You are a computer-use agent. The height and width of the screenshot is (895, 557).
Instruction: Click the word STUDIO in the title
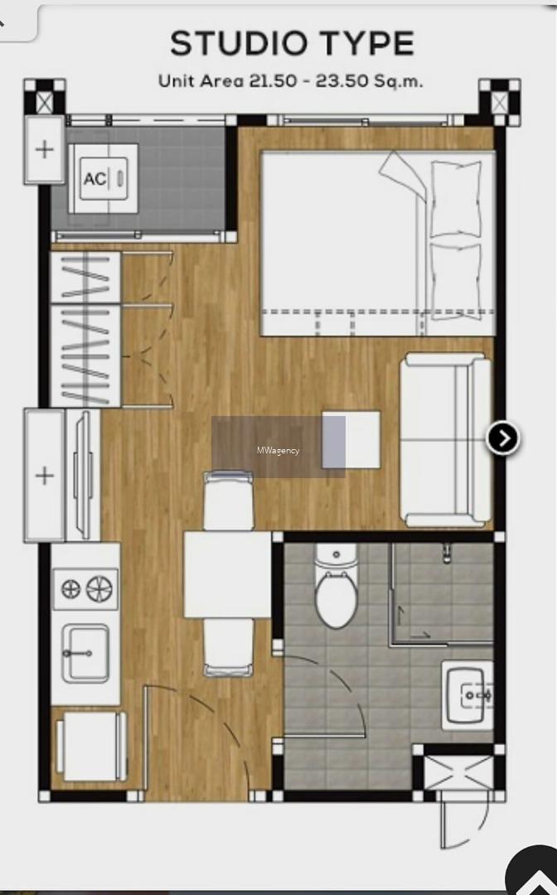pos(239,43)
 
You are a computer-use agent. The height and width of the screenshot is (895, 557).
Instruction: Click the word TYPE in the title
pos(367,43)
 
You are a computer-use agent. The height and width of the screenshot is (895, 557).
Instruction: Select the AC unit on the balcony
pos(104,179)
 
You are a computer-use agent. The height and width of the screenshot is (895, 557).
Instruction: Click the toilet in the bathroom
pos(337,586)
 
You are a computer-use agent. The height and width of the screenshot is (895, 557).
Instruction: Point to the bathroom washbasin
pos(467,695)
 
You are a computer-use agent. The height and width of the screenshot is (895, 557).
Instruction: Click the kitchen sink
pos(85,654)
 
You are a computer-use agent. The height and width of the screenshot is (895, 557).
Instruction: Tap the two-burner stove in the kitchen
pos(85,588)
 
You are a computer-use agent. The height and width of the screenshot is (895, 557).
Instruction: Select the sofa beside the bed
pos(445,440)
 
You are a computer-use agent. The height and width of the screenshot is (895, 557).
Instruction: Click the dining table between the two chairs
pos(227,574)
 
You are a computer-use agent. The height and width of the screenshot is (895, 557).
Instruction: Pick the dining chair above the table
pos(228,501)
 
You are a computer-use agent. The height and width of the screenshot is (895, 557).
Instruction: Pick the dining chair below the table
pos(229,647)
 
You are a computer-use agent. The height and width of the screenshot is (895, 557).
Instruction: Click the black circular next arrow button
pos(503,438)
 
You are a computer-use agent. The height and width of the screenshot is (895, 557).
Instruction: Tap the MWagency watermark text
pos(278,450)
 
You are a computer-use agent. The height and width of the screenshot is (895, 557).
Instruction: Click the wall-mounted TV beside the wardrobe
pos(84,475)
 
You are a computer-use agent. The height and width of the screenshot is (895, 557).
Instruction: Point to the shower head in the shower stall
pos(447,553)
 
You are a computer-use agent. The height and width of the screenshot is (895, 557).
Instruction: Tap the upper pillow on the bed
pos(456,199)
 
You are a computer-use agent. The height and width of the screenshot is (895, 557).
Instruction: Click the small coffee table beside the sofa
pos(351,439)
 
